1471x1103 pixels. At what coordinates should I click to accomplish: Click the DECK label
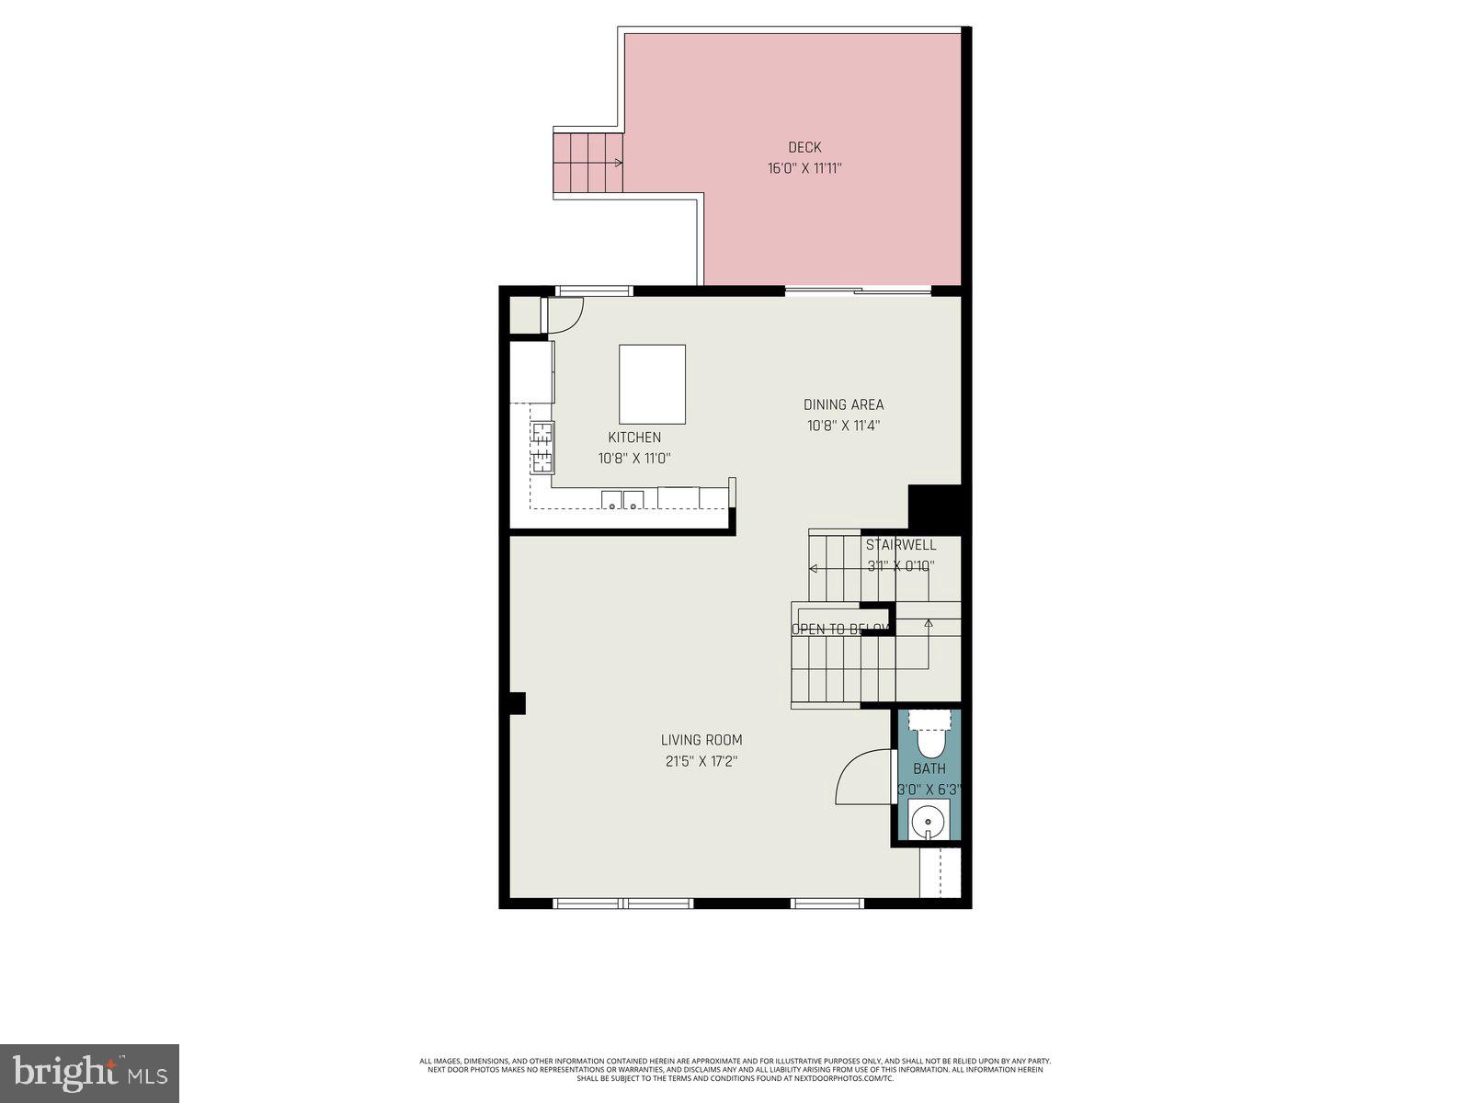pyautogui.click(x=804, y=147)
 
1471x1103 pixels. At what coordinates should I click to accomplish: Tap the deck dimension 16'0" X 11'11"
pyautogui.click(x=804, y=168)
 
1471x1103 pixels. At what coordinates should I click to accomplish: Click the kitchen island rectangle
pyautogui.click(x=652, y=383)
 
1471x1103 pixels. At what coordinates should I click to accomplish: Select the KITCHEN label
pyautogui.click(x=634, y=438)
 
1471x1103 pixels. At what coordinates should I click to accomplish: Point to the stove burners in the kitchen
pyautogui.click(x=542, y=447)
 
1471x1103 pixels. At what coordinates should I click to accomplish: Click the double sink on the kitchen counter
pyautogui.click(x=622, y=500)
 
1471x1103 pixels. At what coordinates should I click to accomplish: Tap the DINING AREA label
pyautogui.click(x=843, y=404)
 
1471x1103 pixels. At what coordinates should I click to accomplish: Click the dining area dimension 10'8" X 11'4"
pyautogui.click(x=843, y=426)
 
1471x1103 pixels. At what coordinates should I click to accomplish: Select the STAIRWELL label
pyautogui.click(x=901, y=545)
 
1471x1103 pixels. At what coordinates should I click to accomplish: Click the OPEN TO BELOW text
pyautogui.click(x=840, y=630)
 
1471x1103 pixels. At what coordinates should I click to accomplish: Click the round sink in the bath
pyautogui.click(x=929, y=817)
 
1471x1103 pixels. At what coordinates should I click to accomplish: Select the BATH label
pyautogui.click(x=929, y=768)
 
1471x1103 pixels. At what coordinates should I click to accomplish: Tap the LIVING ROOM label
pyautogui.click(x=701, y=740)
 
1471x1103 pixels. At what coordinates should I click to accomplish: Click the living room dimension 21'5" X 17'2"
pyautogui.click(x=701, y=761)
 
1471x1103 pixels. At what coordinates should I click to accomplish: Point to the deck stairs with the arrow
pyautogui.click(x=587, y=163)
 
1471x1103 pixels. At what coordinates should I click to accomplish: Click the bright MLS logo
pyautogui.click(x=89, y=1073)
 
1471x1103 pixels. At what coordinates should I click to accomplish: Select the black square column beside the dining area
pyautogui.click(x=934, y=507)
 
